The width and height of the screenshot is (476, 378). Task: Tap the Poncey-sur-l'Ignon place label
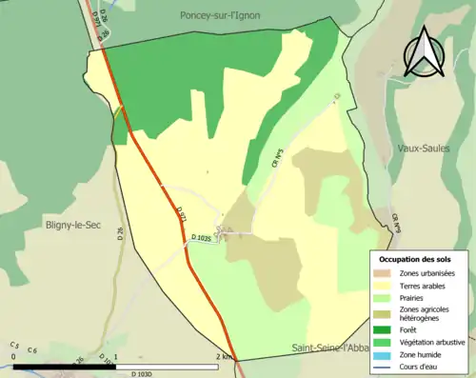click(232, 14)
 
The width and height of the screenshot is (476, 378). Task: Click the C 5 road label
click(15, 344)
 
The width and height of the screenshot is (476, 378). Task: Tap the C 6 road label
click(31, 350)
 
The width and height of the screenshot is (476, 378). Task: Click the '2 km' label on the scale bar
click(224, 356)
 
